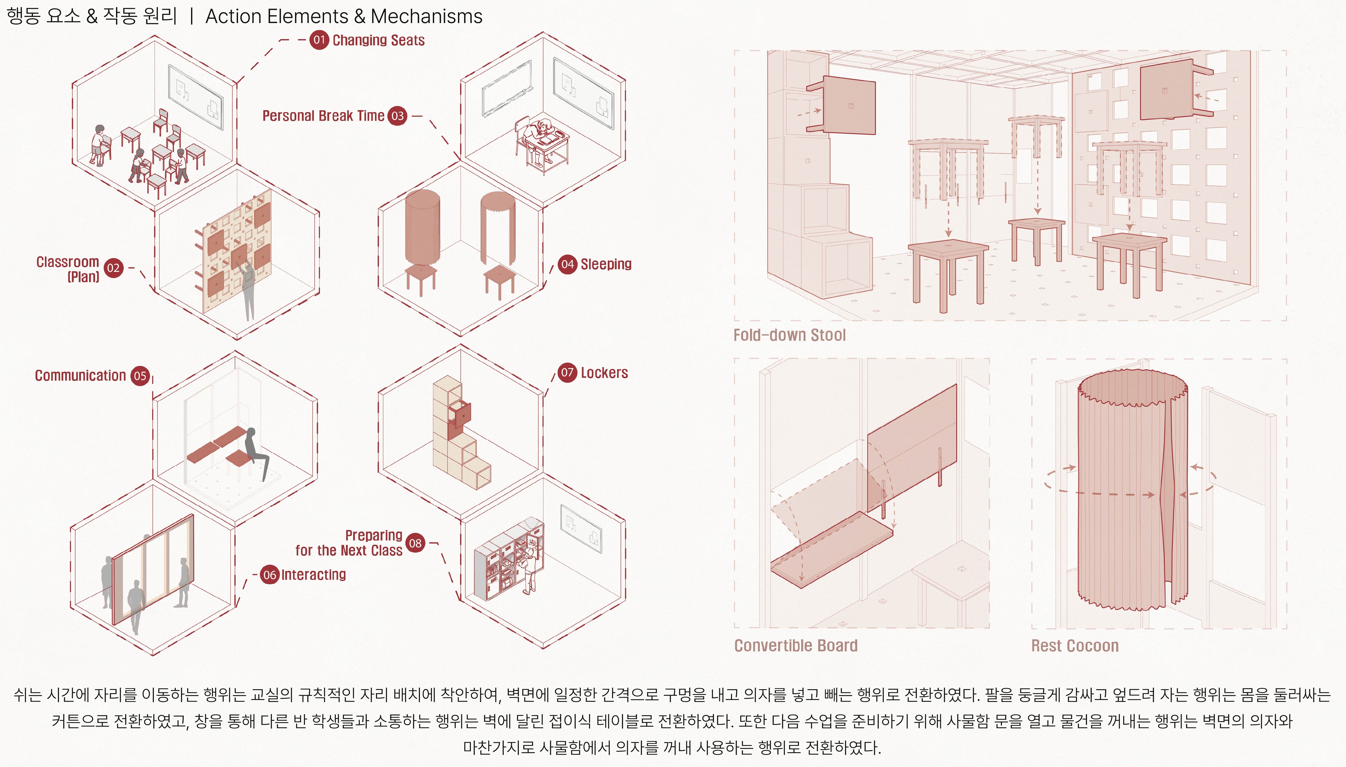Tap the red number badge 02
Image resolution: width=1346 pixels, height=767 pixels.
coord(113,268)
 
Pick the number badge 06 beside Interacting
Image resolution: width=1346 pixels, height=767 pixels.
coord(270,575)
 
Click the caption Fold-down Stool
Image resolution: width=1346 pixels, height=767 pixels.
coord(789,335)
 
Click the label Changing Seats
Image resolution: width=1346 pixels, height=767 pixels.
coord(379,41)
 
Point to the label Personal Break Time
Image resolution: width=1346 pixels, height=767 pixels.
coord(323,116)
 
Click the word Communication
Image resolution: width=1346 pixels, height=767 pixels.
coord(81,376)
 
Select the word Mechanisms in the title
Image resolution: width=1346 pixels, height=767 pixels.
coord(426,16)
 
